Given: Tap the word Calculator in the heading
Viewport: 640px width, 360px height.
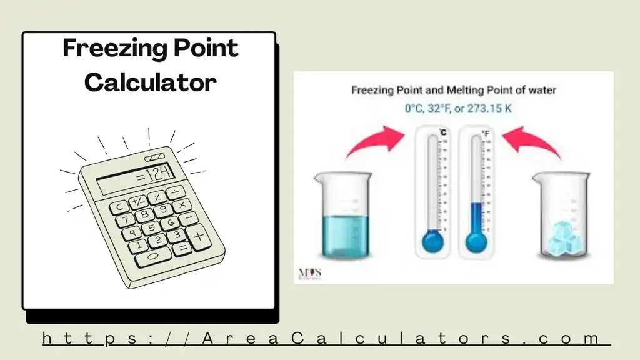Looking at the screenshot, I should pos(150,82).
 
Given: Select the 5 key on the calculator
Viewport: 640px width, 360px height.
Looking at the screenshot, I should pos(151,229).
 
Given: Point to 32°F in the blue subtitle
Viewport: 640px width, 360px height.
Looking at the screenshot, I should pos(442,108).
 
